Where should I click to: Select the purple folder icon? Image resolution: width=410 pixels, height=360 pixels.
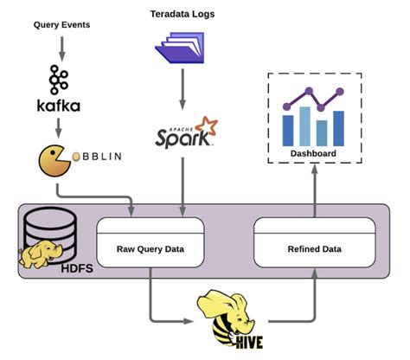(182, 48)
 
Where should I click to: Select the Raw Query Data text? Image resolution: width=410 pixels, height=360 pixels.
(150, 248)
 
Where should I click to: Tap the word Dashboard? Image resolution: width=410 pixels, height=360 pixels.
(313, 155)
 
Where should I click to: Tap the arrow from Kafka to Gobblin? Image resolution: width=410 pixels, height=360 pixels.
(60, 127)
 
